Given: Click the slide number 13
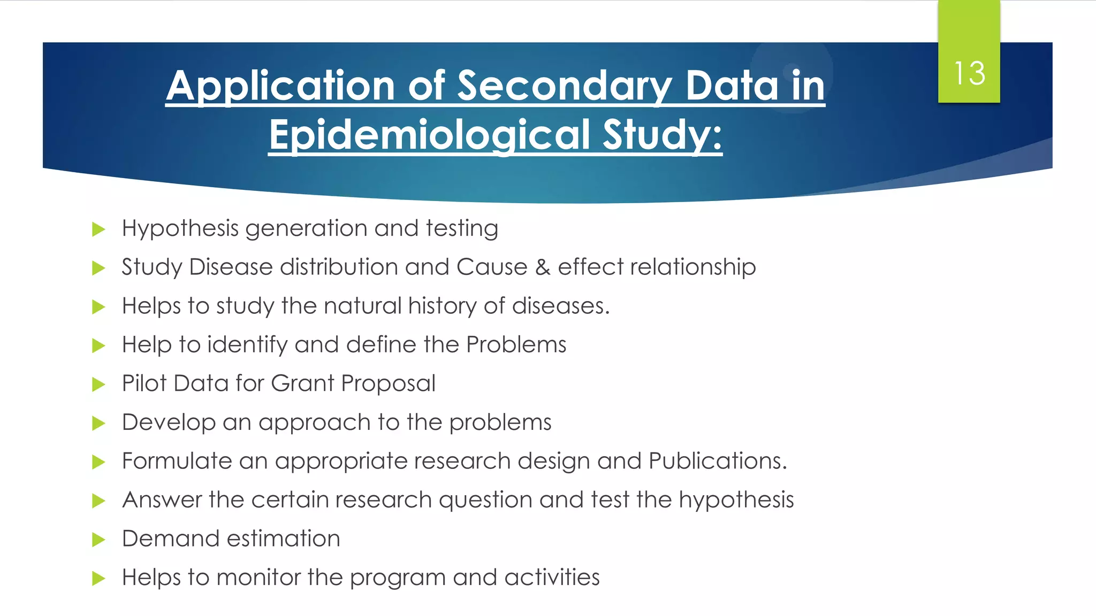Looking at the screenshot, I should pyautogui.click(x=969, y=73).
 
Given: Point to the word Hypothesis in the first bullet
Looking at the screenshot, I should pyautogui.click(x=180, y=229).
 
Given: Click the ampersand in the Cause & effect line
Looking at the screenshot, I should pyautogui.click(x=543, y=267).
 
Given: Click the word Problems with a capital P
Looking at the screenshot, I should pyautogui.click(x=516, y=345).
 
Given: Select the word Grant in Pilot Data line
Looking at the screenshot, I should pyautogui.click(x=302, y=383).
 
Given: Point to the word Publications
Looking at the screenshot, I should pyautogui.click(x=717, y=461).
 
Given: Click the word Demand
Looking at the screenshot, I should pyautogui.click(x=171, y=538).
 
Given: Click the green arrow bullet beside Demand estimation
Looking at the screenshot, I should pyautogui.click(x=98, y=540).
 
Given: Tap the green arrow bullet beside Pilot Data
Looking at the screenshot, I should pyautogui.click(x=98, y=384).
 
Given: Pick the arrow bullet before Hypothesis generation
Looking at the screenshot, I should pyautogui.click(x=98, y=229).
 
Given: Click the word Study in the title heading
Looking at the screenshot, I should pyautogui.click(x=662, y=134).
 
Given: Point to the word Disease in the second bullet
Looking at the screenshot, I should pyautogui.click(x=231, y=267).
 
